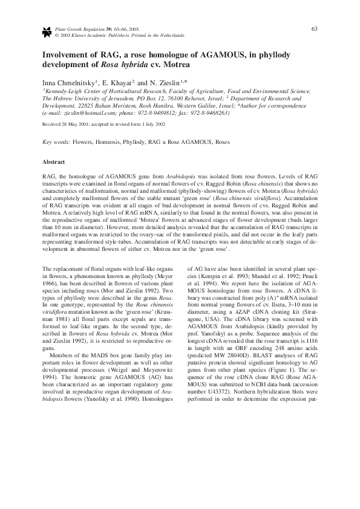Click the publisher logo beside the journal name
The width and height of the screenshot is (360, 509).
(47, 31)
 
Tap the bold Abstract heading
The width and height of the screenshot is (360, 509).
(53, 162)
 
